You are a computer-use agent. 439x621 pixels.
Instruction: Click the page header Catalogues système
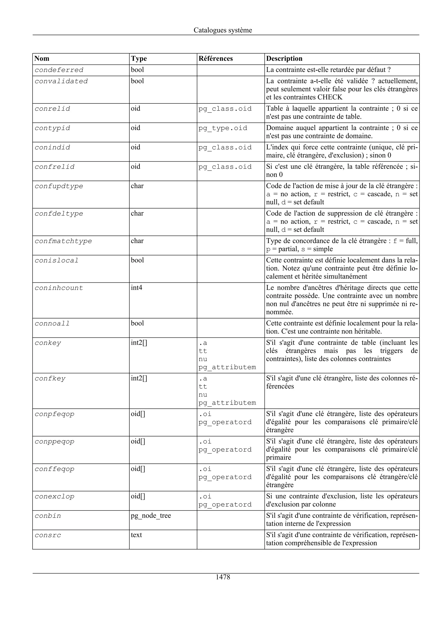[223, 30]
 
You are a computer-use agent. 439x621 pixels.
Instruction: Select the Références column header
[216, 59]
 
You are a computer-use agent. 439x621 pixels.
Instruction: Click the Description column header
[284, 59]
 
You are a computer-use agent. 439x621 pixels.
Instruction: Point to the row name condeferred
[59, 70]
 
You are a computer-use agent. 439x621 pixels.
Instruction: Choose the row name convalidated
[61, 81]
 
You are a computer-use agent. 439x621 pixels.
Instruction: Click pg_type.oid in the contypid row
[223, 128]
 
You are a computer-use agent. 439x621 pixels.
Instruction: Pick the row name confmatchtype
[63, 241]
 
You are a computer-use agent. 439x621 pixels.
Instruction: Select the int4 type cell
[137, 288]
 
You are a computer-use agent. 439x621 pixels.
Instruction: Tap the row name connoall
[52, 324]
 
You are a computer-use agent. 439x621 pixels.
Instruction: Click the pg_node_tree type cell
[151, 516]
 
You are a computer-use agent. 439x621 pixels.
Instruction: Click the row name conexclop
[54, 496]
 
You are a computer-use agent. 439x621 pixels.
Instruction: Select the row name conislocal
[57, 260]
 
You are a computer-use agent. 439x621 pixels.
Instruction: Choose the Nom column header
[42, 59]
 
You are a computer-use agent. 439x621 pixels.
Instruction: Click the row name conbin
[48, 516]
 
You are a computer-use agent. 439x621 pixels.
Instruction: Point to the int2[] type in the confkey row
[139, 378]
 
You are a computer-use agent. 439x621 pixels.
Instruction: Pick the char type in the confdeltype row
[137, 214]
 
